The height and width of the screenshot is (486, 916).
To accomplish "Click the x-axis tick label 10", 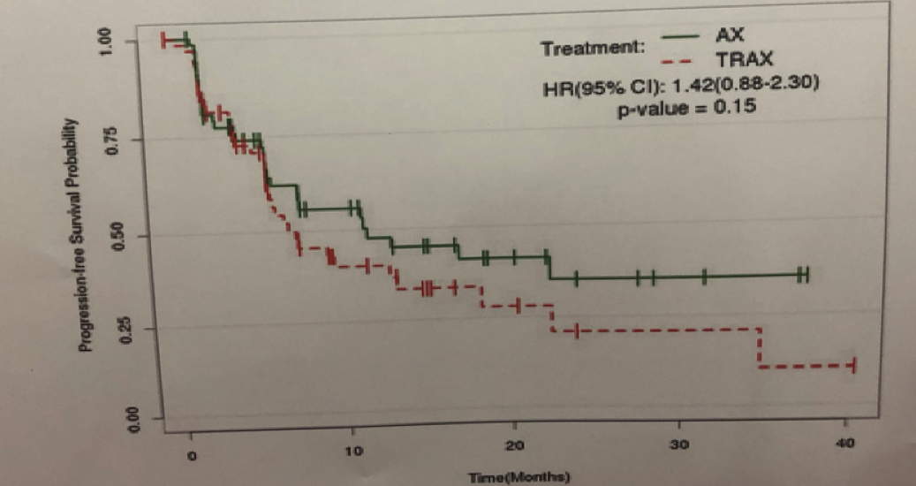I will (x=353, y=452).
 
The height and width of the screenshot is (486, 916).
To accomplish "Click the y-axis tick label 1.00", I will (x=108, y=42).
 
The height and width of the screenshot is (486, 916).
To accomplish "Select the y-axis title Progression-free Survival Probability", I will (x=86, y=234).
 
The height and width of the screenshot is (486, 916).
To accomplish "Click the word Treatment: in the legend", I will (x=594, y=48).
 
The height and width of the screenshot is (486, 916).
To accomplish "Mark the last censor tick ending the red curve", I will (x=853, y=366).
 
